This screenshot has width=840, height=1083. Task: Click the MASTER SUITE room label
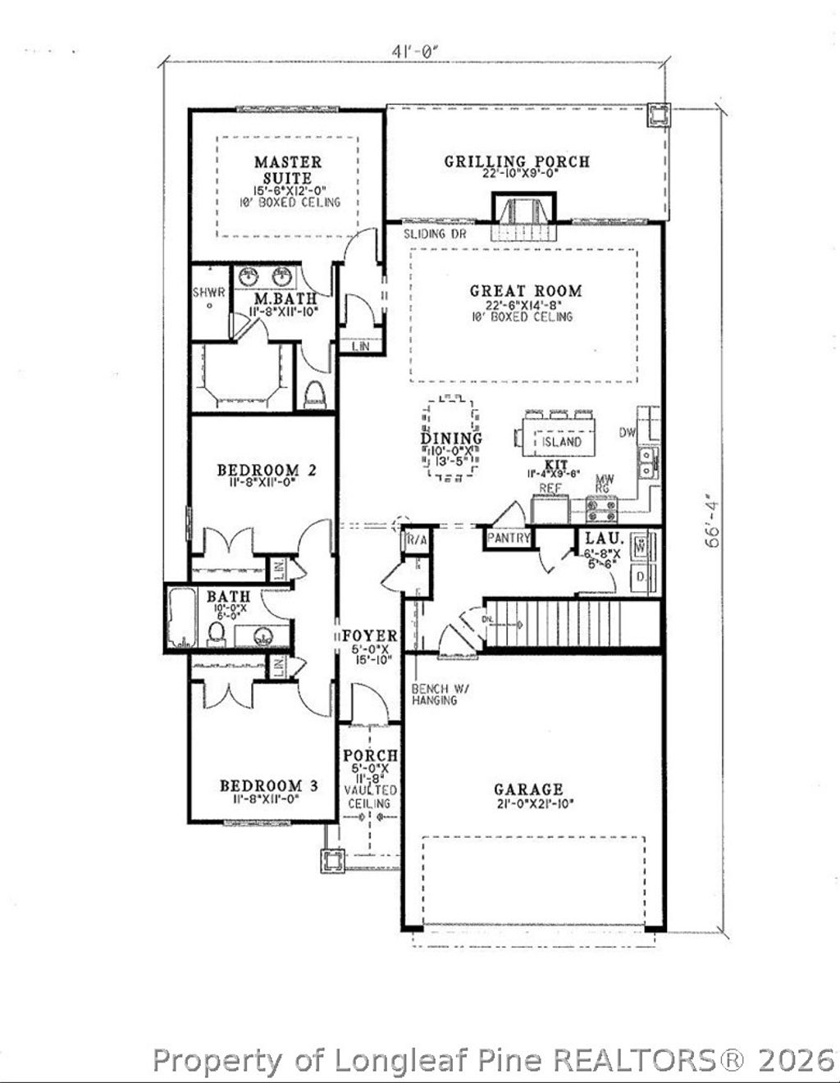287,171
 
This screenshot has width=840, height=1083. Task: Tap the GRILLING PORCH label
517,162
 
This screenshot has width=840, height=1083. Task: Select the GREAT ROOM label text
526,290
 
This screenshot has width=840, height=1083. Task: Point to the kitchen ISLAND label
562,442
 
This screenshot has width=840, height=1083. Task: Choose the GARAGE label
528,789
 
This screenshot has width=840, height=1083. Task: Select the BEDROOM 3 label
269,786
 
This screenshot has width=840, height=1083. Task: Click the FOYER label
370,636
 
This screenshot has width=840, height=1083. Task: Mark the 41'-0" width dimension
417,51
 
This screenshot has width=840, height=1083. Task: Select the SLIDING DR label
436,234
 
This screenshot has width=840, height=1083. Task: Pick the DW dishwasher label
628,432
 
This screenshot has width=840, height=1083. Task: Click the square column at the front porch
332,862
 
